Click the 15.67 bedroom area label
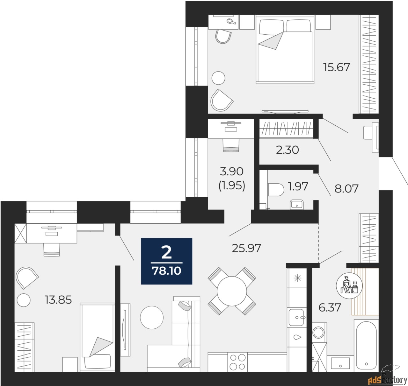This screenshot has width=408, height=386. [x=336, y=67]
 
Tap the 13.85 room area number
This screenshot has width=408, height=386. [x=58, y=299]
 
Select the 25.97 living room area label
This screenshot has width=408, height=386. [x=246, y=248]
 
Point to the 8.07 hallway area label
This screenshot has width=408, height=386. [x=346, y=188]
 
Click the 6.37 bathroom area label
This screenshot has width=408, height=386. [x=330, y=307]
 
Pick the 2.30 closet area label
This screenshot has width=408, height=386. [x=287, y=150]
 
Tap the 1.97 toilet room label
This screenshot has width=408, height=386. [x=298, y=186]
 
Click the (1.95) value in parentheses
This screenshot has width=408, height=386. [x=232, y=186]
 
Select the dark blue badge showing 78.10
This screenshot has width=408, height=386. [x=167, y=261]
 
